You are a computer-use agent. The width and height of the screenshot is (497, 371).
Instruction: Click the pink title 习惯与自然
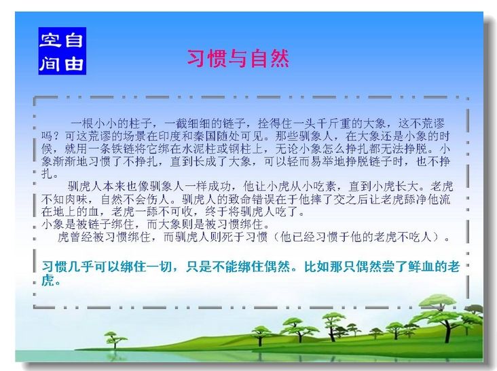(238, 58)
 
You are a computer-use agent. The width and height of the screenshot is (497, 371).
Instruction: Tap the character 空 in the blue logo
(50, 41)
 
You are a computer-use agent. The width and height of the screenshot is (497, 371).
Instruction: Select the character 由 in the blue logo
(74, 63)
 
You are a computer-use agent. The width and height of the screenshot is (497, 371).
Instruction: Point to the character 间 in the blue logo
(50, 63)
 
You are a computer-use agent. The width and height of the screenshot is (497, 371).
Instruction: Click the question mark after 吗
(58, 136)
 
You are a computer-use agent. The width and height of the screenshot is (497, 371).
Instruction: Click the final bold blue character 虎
(48, 280)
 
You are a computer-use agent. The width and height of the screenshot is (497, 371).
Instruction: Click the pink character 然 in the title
(280, 58)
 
